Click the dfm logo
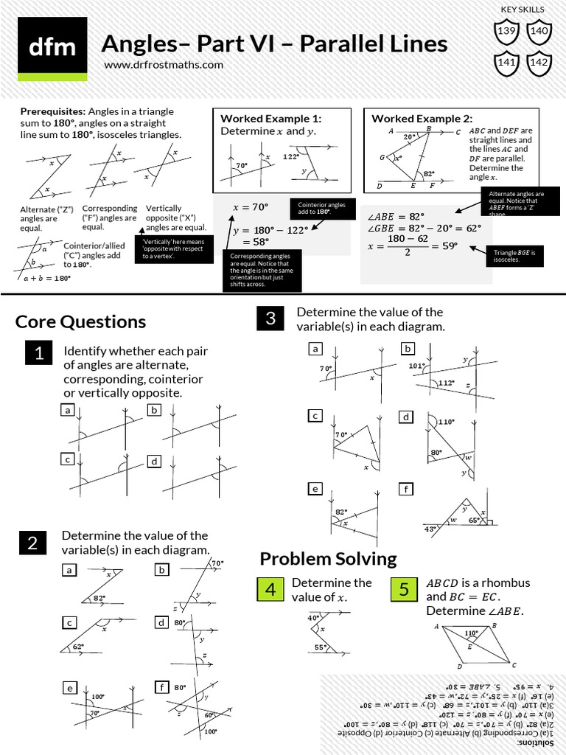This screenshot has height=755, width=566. pyautogui.click(x=52, y=48)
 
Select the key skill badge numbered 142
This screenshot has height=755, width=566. pyautogui.click(x=539, y=62)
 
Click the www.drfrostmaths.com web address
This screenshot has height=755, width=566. pyautogui.click(x=163, y=65)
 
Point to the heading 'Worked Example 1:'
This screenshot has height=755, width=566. pyautogui.click(x=270, y=119)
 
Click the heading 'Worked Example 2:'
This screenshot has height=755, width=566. pyautogui.click(x=422, y=119)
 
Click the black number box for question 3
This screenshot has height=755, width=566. pyautogui.click(x=270, y=319)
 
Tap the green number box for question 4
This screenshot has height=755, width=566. pyautogui.click(x=270, y=590)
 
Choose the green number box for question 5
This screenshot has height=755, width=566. pyautogui.click(x=404, y=590)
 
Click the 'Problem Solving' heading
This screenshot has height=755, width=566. pyautogui.click(x=328, y=558)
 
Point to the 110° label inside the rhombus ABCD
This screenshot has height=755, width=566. pyautogui.click(x=471, y=633)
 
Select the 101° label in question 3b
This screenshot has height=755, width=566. pyautogui.click(x=418, y=365)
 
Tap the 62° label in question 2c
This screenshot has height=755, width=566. pyautogui.click(x=78, y=647)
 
